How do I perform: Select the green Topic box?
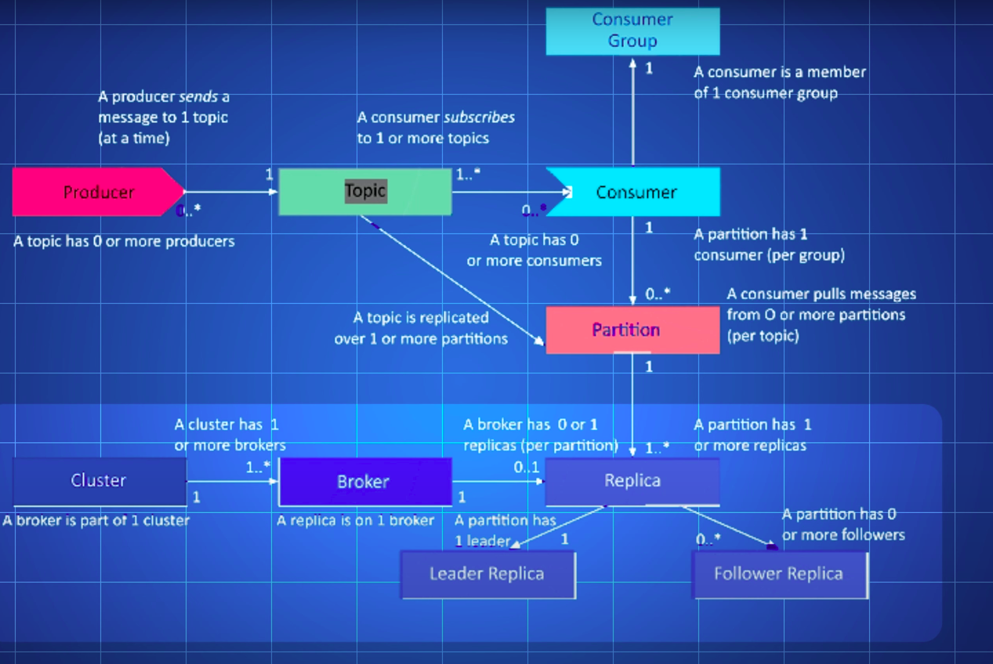click(364, 192)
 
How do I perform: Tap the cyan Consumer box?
click(636, 192)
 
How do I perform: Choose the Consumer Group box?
click(632, 31)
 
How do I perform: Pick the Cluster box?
click(99, 481)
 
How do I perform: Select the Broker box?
click(364, 482)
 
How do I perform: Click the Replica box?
click(632, 481)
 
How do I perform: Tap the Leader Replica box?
click(487, 574)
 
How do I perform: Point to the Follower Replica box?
click(778, 574)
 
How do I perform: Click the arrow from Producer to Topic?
click(231, 191)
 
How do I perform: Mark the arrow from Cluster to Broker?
click(233, 481)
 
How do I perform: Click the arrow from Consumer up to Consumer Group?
click(633, 110)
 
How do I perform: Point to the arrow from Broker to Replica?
click(498, 481)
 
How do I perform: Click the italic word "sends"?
click(198, 97)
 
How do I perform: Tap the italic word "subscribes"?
click(479, 117)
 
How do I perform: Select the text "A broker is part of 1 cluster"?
click(96, 520)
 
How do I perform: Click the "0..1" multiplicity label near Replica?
click(526, 467)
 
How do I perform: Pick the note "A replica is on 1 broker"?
click(355, 520)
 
